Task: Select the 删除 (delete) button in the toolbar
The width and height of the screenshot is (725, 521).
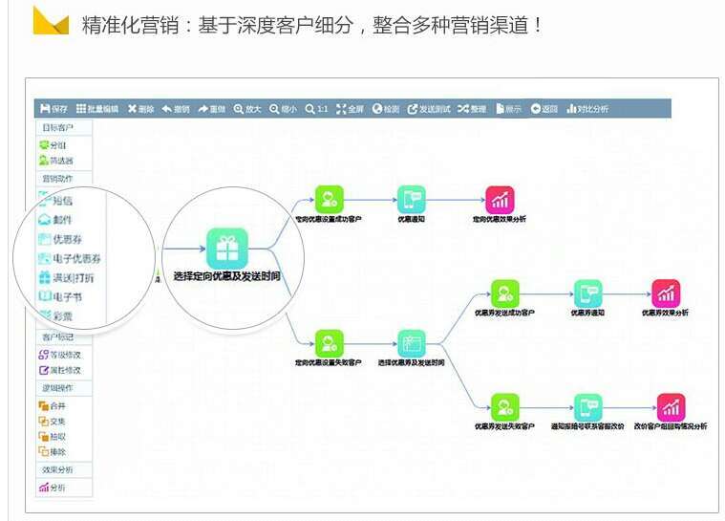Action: point(140,109)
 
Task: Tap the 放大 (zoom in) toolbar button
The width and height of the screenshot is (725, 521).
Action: point(247,109)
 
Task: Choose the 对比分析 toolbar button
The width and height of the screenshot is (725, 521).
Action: point(586,109)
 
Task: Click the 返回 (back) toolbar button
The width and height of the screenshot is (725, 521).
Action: point(544,109)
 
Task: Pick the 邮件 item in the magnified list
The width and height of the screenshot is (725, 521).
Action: point(55,220)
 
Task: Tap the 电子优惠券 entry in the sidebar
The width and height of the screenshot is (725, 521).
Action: point(71,258)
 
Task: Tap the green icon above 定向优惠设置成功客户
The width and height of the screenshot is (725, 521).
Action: point(329,199)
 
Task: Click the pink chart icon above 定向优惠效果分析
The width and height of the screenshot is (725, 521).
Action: point(500,199)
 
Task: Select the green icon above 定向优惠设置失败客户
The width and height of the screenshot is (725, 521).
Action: point(329,343)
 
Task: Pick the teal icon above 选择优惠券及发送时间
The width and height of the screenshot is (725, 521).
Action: point(412,343)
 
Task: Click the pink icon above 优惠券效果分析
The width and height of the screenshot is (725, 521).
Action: point(665,293)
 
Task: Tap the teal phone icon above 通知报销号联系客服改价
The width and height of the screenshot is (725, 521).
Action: point(587,406)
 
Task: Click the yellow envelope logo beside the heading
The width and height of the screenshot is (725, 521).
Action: point(51,20)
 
